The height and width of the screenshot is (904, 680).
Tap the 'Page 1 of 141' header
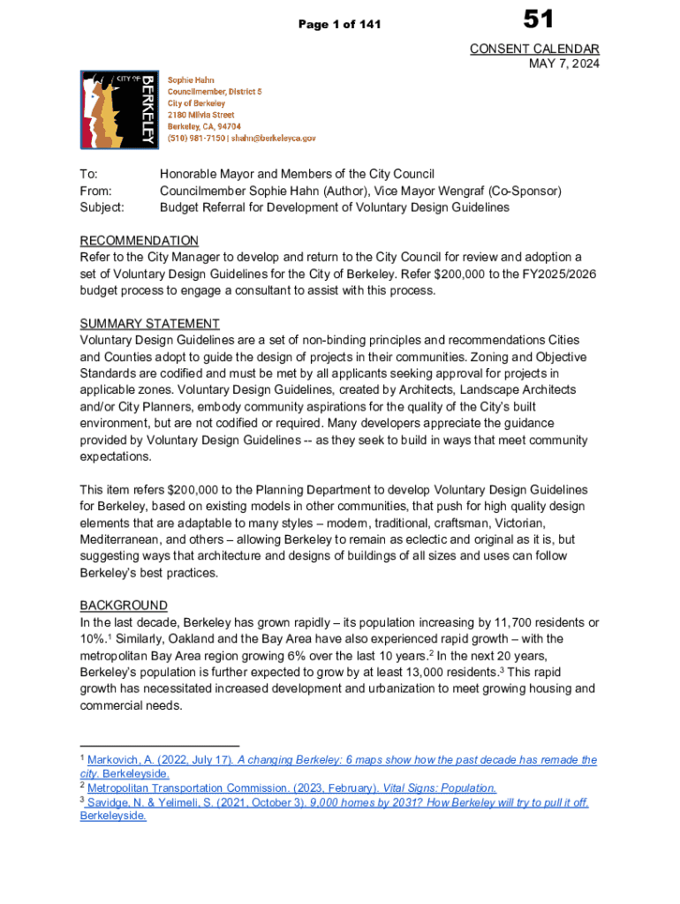click(339, 24)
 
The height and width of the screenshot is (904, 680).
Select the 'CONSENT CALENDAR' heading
click(534, 49)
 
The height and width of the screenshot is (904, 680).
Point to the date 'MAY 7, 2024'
click(563, 64)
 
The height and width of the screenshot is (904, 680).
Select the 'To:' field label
click(88, 174)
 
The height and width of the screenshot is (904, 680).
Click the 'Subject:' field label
click(102, 207)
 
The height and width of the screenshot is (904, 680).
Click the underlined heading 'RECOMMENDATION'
click(140, 241)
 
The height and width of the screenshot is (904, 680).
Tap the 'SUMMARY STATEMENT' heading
click(150, 324)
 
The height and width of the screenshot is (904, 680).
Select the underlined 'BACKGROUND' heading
click(124, 606)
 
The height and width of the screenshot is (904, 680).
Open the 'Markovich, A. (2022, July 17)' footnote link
click(160, 760)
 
